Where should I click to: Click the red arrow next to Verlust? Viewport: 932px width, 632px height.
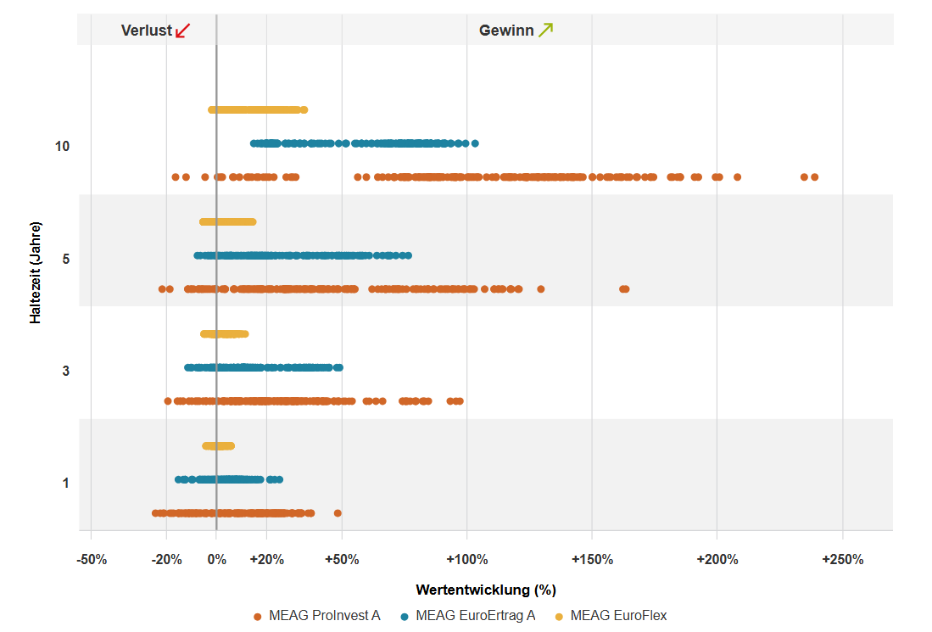pos(182,31)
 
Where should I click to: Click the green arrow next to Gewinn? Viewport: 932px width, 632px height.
pos(545,31)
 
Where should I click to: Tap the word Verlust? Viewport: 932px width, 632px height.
pos(147,31)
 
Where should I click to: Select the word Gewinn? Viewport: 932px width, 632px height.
pos(506,31)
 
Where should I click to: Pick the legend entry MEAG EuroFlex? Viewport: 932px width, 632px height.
pos(618,616)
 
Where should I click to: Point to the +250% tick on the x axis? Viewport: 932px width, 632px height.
pos(842,560)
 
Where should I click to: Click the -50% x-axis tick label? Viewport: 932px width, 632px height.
pos(91,560)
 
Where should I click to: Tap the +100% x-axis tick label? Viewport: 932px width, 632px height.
pos(466,560)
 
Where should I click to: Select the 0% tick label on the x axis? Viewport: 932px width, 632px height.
pos(216,560)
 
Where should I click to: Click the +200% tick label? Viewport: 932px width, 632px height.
pos(717,560)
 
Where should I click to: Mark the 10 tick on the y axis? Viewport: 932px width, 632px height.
pos(62,147)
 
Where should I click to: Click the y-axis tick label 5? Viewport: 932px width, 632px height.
pos(66,259)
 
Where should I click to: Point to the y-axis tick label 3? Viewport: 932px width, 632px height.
pos(66,372)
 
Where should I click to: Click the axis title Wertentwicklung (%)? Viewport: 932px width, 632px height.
pos(485,590)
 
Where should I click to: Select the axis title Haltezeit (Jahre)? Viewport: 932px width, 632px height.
pos(36,272)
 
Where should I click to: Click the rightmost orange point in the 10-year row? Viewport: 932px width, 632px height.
pos(814,177)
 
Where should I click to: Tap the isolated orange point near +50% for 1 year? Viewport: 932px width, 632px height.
pos(338,513)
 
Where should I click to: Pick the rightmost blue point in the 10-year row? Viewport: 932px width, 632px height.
pos(475,143)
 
